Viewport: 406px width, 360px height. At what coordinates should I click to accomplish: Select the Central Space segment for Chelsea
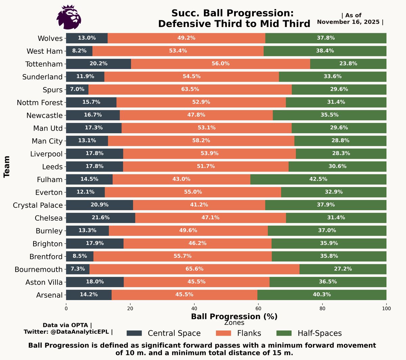(x=100, y=218)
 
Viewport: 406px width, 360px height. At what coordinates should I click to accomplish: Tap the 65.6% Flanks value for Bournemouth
(x=195, y=269)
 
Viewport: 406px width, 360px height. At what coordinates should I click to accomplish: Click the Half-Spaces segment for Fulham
(x=318, y=179)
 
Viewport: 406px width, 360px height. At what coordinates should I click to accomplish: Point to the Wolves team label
(x=50, y=38)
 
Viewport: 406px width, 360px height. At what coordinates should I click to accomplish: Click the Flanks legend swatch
(x=223, y=333)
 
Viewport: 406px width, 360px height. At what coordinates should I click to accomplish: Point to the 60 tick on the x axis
(x=258, y=309)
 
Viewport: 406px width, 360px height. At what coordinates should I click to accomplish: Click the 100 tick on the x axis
(x=386, y=309)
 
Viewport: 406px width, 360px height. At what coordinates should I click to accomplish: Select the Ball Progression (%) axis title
(x=234, y=316)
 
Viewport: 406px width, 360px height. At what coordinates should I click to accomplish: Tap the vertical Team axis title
(x=6, y=167)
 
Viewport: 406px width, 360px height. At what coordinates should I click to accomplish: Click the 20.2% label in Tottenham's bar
(x=98, y=64)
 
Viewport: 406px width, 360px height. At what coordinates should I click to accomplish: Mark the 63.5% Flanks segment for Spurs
(x=190, y=90)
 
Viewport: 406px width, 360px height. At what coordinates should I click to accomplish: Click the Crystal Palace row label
(x=38, y=205)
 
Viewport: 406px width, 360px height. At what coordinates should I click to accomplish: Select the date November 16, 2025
(x=348, y=22)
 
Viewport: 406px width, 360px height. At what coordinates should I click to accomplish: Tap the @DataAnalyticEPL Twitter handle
(x=80, y=332)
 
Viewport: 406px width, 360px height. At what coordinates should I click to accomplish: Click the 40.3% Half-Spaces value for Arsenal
(x=322, y=295)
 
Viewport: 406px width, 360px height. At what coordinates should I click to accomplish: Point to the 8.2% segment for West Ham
(x=79, y=51)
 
